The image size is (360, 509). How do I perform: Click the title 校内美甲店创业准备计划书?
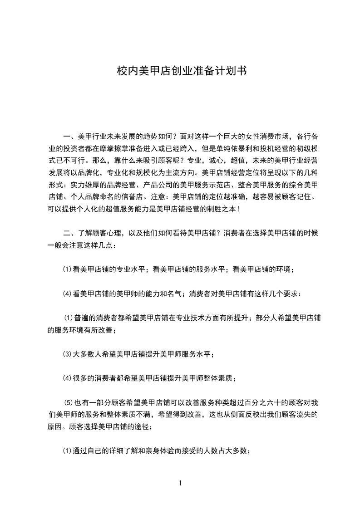[180, 71]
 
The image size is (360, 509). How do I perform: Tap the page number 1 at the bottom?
[180, 483]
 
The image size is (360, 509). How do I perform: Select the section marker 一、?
[70, 136]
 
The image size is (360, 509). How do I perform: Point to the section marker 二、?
[70, 234]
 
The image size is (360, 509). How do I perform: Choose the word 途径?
[144, 427]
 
